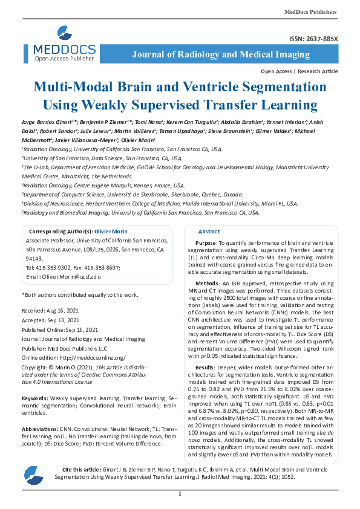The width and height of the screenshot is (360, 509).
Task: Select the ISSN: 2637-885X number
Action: coord(315,39)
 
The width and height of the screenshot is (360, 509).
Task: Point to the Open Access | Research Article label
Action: coord(299,71)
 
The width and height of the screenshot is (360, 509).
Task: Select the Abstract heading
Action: coord(209,232)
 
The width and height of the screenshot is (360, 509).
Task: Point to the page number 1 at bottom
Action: coord(180,494)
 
